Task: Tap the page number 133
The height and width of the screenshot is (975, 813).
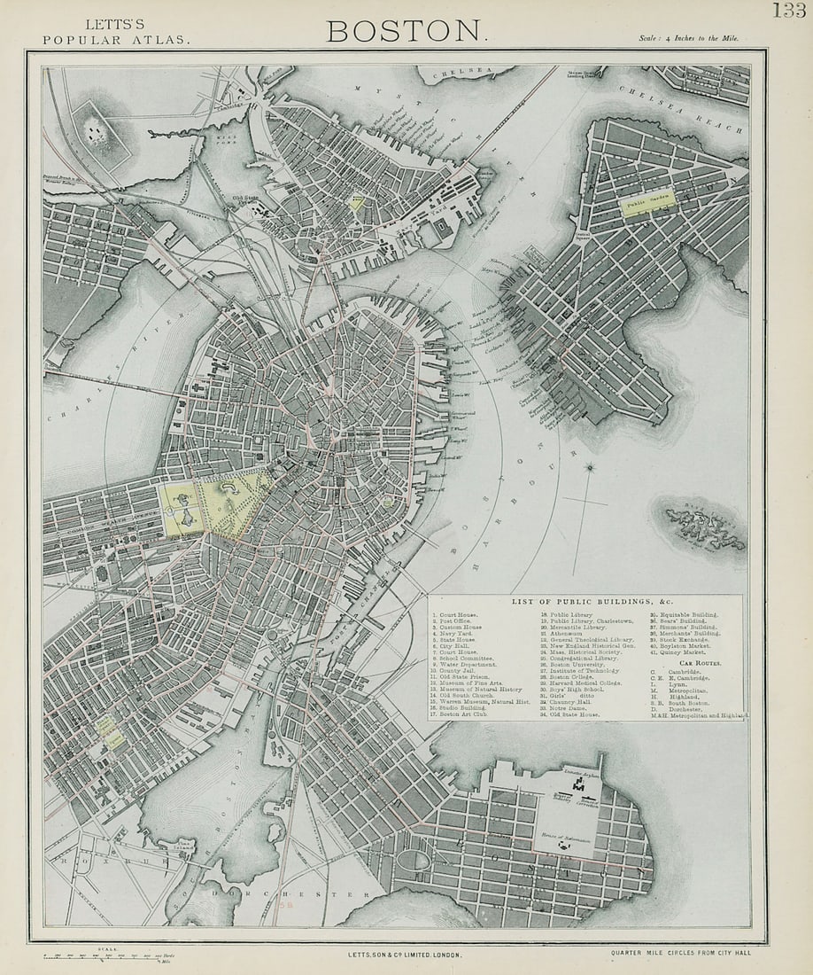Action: click(x=788, y=11)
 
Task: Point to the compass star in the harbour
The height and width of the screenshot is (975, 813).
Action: click(x=591, y=467)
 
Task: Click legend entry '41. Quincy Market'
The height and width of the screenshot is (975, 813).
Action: click(x=683, y=652)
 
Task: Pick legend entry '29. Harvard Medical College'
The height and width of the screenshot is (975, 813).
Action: click(x=585, y=682)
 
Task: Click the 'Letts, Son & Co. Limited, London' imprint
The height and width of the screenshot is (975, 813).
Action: click(x=406, y=955)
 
